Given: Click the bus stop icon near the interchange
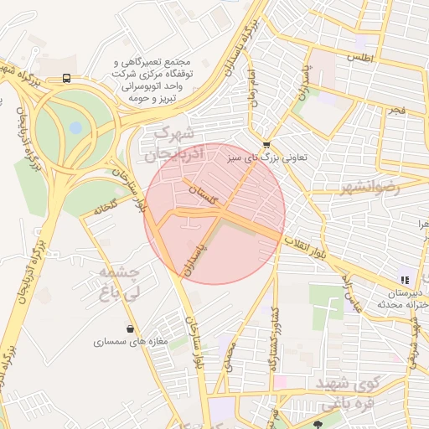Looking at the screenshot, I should pos(66,79).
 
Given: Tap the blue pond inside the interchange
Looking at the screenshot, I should pos(76,128).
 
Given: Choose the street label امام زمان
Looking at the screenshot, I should pos(251,87).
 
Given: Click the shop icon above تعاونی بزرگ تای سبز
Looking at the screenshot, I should pos(266,143).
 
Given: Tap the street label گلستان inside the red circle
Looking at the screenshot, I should pos(202,196).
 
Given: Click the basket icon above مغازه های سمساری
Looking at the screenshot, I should pos(129,328).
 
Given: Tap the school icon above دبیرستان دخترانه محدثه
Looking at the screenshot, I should pos(405,280).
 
